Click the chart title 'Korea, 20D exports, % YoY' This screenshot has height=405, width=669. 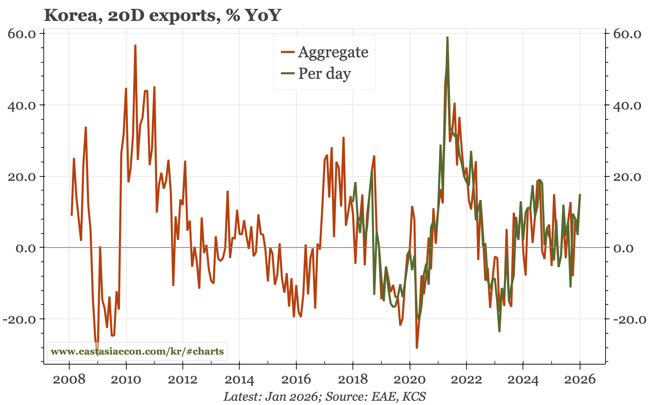(x=162, y=15)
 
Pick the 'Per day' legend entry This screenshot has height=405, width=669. (x=324, y=74)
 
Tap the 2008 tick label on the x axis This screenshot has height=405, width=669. (x=69, y=380)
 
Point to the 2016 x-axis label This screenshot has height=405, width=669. (x=296, y=380)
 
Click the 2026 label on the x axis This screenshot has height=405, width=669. (x=580, y=380)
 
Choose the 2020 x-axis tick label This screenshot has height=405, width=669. (x=409, y=380)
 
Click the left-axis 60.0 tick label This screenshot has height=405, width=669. (x=22, y=34)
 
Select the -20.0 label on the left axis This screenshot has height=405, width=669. (x=20, y=319)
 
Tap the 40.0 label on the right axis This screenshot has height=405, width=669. (x=627, y=106)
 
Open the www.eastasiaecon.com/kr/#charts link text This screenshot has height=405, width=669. (x=137, y=351)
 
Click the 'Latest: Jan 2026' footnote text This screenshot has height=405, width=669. (x=271, y=397)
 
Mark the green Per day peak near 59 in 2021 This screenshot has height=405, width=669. (x=448, y=37)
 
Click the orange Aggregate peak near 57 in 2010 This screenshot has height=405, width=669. (x=135, y=45)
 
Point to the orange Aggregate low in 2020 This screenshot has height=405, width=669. (x=417, y=348)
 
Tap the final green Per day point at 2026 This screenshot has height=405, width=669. (x=580, y=195)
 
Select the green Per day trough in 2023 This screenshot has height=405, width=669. (x=499, y=332)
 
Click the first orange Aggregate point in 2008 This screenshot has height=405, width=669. (x=71, y=215)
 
